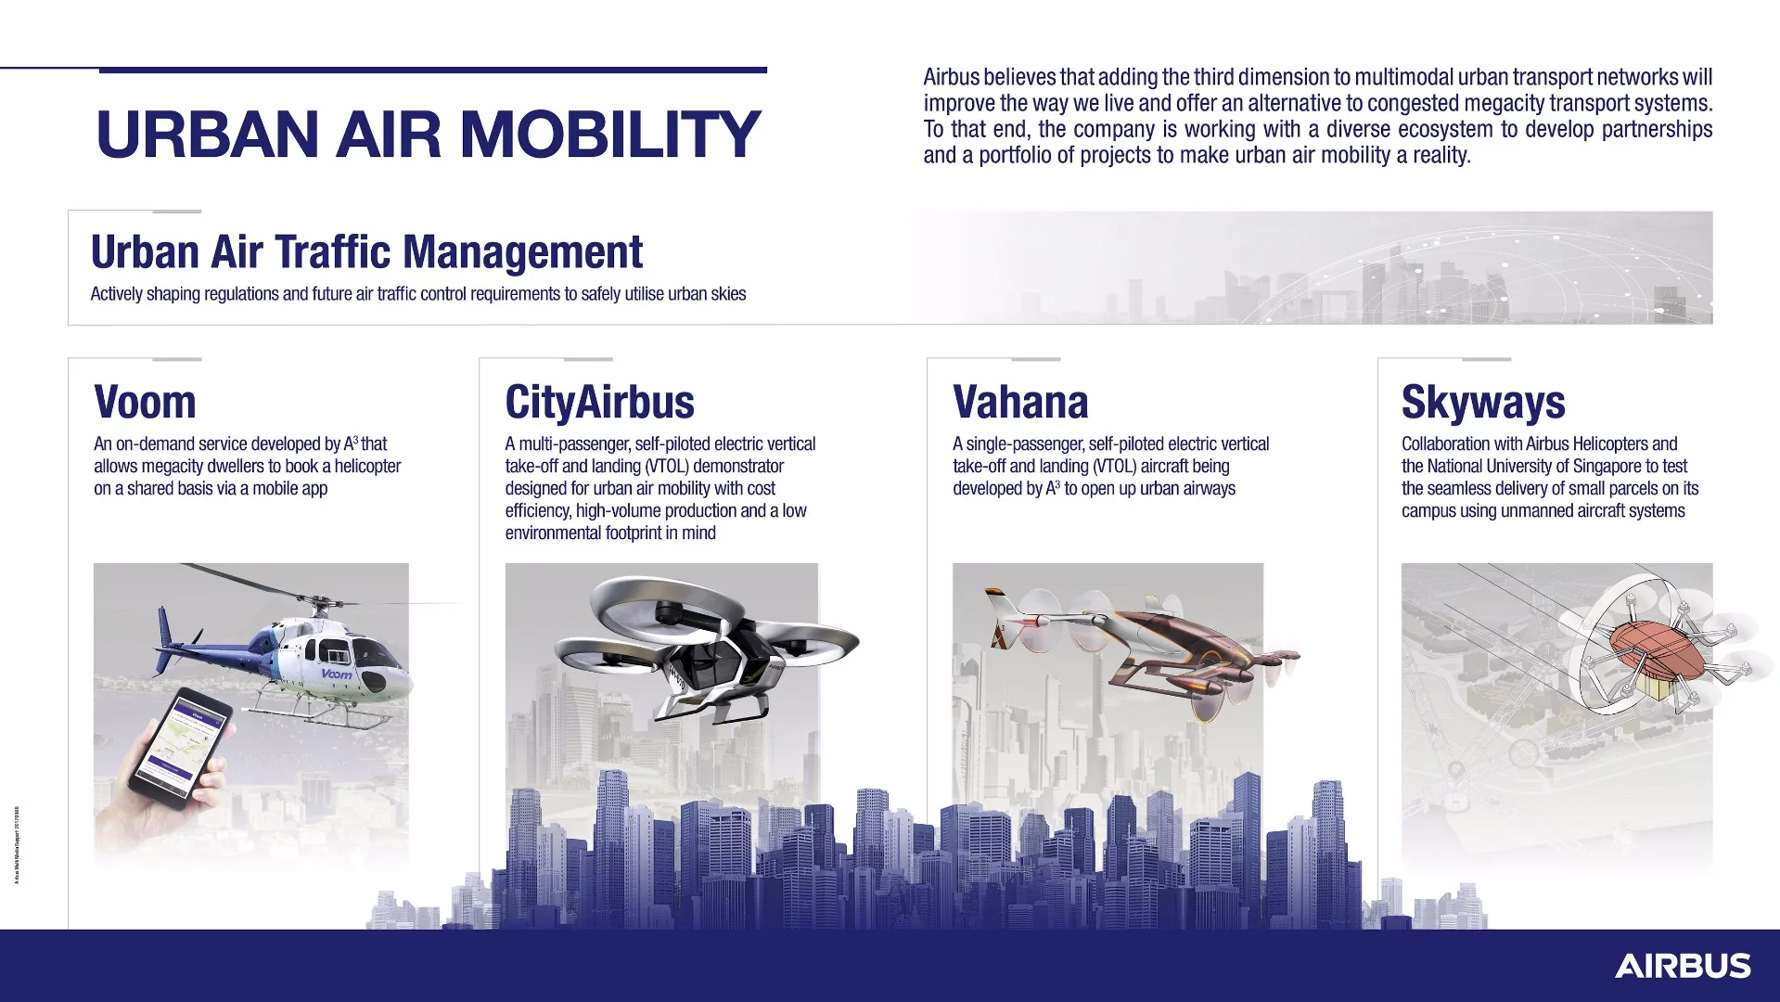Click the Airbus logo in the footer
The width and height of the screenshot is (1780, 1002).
(x=1683, y=966)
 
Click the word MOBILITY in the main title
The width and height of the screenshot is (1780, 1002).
(x=609, y=135)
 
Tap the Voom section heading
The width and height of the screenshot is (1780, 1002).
(x=145, y=403)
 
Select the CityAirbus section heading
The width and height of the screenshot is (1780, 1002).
(x=599, y=403)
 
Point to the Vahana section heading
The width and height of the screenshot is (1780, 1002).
(x=1020, y=403)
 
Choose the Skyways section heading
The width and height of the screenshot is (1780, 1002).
(x=1483, y=403)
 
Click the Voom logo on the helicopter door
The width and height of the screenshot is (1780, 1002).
(x=337, y=674)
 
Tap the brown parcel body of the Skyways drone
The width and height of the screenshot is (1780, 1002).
(x=1657, y=651)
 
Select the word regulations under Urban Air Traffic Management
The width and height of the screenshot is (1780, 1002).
(x=233, y=294)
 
